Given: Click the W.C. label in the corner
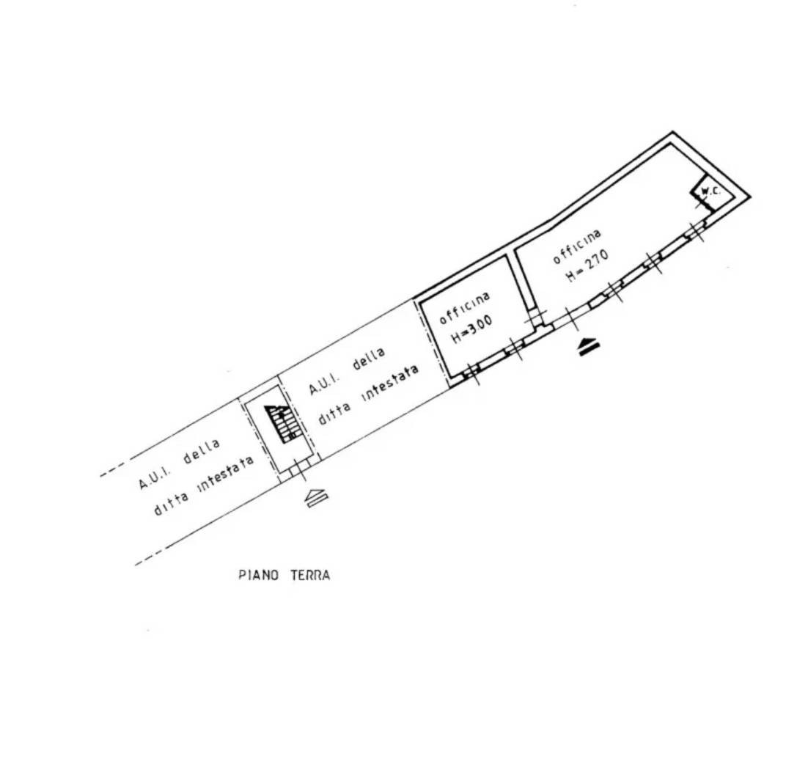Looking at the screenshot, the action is click(x=710, y=192).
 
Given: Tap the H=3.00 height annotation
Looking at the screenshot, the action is click(x=472, y=329).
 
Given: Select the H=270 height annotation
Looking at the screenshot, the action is click(x=587, y=265).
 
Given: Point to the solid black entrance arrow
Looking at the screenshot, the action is click(x=587, y=346).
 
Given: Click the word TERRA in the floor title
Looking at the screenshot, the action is click(x=309, y=575).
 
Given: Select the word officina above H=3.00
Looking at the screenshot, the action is click(x=464, y=308).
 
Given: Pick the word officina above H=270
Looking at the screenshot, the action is click(x=577, y=246).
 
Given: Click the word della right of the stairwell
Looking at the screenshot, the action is click(x=369, y=359).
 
